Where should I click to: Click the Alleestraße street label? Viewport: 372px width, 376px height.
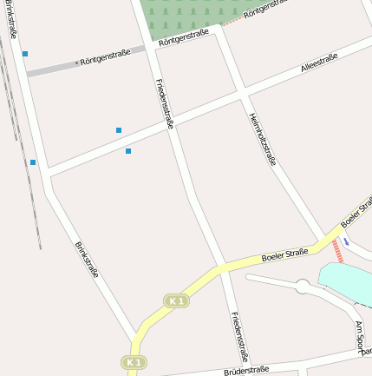coord(318,61)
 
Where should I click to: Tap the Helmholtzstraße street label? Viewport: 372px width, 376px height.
coord(262,139)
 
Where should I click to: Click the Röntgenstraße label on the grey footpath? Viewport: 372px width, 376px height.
coord(105,58)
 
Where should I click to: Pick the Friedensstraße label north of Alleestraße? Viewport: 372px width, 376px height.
coord(165,104)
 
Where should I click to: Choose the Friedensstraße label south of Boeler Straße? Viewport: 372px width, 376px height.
coord(240,337)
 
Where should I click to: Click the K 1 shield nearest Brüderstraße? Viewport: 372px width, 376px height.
coord(133,362)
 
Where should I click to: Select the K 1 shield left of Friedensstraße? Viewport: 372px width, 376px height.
coord(176,300)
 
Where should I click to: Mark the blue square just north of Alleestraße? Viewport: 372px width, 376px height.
coord(119,130)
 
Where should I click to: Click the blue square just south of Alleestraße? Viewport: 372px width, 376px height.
coord(128,151)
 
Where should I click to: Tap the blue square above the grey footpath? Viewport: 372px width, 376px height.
coord(25,54)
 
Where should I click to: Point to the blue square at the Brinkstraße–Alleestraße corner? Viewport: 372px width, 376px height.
coord(33,162)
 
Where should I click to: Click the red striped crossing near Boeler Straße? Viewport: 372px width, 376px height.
coord(338,252)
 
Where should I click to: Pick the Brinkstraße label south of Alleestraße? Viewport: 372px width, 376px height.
coord(87,260)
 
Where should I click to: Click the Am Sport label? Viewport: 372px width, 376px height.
coord(361,338)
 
